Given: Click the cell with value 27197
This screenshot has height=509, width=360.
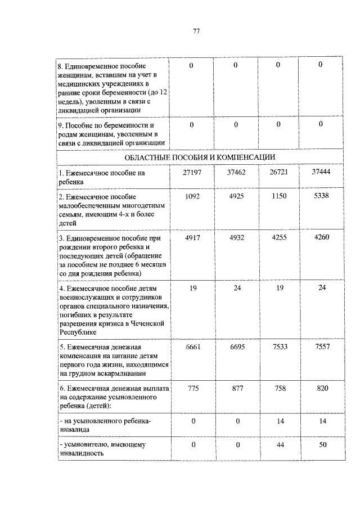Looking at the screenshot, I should pos(191,172).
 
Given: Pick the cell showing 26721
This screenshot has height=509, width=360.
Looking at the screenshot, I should pos(278,172).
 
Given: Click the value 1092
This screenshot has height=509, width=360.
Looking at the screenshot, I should pos(191,196).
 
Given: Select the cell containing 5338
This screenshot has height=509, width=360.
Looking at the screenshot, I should pos(320,196).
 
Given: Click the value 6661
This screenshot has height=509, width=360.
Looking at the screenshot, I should pos(191,347).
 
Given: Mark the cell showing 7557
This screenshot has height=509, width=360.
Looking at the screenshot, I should pos(320,346).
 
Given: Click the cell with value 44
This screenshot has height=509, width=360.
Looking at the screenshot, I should pos(278,444).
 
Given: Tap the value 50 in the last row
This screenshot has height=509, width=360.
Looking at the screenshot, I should pos(320,444).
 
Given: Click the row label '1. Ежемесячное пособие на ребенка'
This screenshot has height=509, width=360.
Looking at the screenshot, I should pos(102,177).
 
